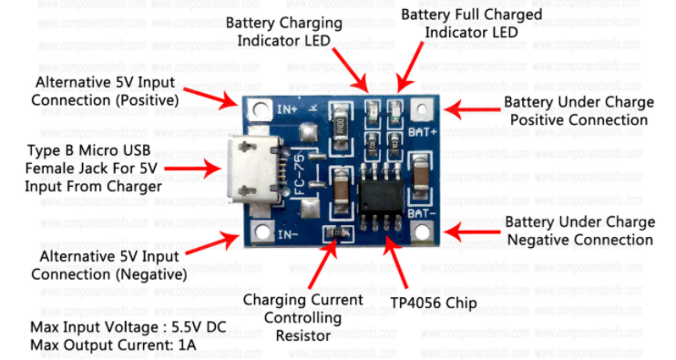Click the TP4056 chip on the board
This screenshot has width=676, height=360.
click(x=381, y=197)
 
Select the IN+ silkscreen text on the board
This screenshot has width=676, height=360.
click(x=287, y=109)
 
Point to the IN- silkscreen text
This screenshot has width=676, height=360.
click(x=288, y=234)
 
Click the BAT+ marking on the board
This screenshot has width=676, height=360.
click(x=422, y=131)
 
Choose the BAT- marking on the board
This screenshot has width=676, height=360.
click(x=422, y=213)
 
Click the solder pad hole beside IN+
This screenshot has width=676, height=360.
click(x=260, y=109)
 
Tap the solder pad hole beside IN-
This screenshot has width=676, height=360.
click(x=261, y=232)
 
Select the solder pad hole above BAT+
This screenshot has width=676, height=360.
click(x=422, y=109)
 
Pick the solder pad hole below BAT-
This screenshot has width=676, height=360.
click(x=422, y=232)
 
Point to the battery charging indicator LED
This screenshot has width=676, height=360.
click(x=373, y=110)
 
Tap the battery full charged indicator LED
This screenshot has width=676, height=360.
click(x=394, y=110)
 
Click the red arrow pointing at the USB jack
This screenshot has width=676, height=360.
click(x=193, y=168)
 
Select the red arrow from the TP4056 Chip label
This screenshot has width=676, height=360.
click(x=394, y=262)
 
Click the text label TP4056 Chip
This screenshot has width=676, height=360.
click(x=434, y=303)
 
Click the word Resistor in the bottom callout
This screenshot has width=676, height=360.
click(x=303, y=335)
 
